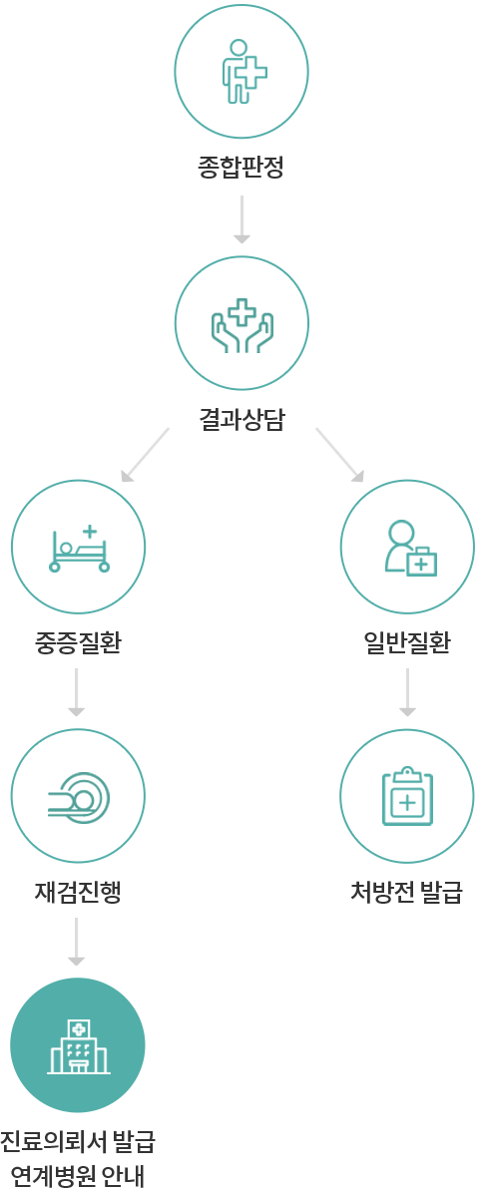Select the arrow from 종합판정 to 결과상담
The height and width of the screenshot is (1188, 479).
point(241,219)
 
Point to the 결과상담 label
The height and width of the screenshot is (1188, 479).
point(241,419)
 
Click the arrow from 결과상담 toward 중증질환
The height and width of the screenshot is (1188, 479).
point(145,455)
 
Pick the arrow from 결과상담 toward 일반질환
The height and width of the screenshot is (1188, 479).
point(339,455)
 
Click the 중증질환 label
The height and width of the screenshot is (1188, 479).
point(78,643)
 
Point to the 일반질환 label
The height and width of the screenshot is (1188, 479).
point(408,643)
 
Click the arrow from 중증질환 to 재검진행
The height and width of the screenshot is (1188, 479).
point(76,691)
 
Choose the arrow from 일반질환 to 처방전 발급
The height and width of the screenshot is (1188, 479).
point(408,691)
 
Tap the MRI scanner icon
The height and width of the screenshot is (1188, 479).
point(79,795)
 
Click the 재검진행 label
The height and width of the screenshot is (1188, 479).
point(78,892)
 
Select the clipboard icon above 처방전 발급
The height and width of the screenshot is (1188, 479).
point(408,795)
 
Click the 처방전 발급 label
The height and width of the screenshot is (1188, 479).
point(406,892)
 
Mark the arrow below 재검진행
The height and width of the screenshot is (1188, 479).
point(76,940)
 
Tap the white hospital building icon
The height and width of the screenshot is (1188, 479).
point(79,1045)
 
